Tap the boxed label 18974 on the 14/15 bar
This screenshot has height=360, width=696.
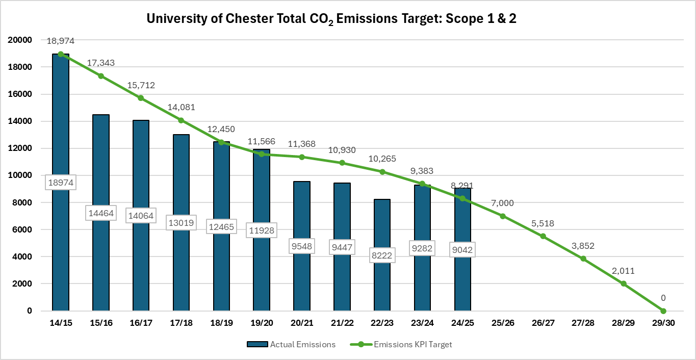[x=61, y=183]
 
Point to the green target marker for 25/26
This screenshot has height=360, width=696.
[x=503, y=216]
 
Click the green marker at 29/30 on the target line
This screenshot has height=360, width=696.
[x=663, y=311]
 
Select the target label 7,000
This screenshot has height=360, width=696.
[x=503, y=203]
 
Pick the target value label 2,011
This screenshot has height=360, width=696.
[x=623, y=271]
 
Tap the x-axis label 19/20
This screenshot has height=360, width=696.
[x=262, y=323]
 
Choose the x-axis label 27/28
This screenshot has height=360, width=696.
[x=583, y=323]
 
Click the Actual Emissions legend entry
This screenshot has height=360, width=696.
[x=291, y=344]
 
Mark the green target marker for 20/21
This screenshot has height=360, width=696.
[x=302, y=157]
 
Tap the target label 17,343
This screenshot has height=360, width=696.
[x=100, y=63]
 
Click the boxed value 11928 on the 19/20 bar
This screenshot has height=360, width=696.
[x=262, y=230]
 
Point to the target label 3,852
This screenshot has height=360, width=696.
[x=583, y=246]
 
